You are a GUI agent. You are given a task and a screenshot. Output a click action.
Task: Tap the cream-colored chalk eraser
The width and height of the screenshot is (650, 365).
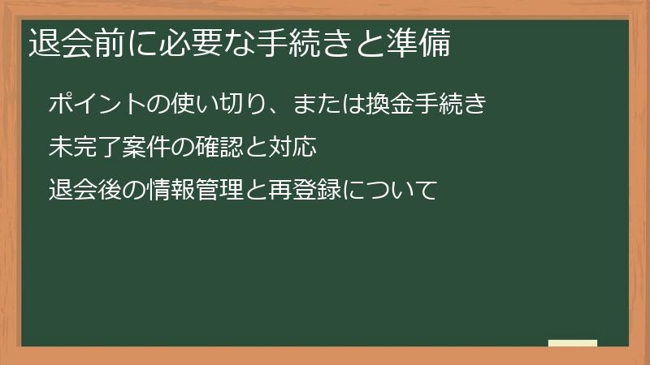[x=573, y=343]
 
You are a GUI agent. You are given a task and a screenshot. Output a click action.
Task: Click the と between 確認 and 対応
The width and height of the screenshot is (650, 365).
[x=258, y=148]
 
